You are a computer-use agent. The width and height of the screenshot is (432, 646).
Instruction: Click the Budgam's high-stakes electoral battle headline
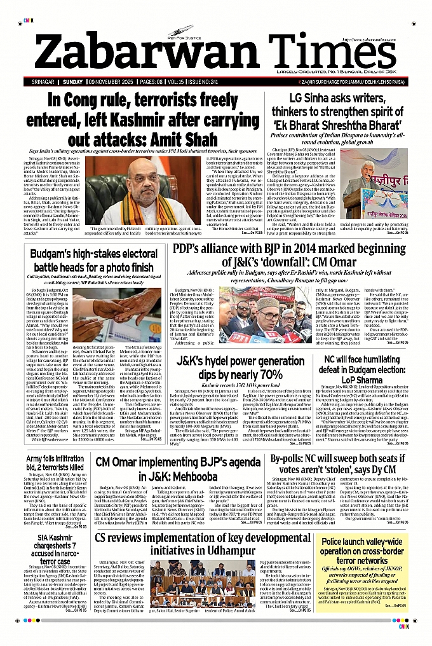[93, 262]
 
